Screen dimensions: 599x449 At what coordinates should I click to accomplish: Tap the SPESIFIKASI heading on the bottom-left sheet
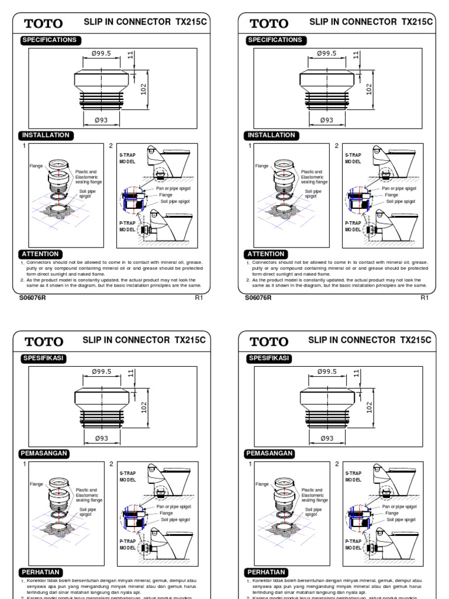(x=44, y=357)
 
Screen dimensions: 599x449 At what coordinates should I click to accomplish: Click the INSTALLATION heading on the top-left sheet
(x=46, y=135)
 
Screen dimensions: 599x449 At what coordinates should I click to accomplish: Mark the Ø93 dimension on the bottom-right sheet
(x=326, y=438)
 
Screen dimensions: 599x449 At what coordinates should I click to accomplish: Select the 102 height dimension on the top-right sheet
(x=369, y=89)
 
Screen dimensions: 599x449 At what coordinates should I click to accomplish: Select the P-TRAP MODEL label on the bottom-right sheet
(x=354, y=545)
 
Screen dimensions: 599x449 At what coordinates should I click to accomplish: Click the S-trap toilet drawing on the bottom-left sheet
(x=166, y=483)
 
